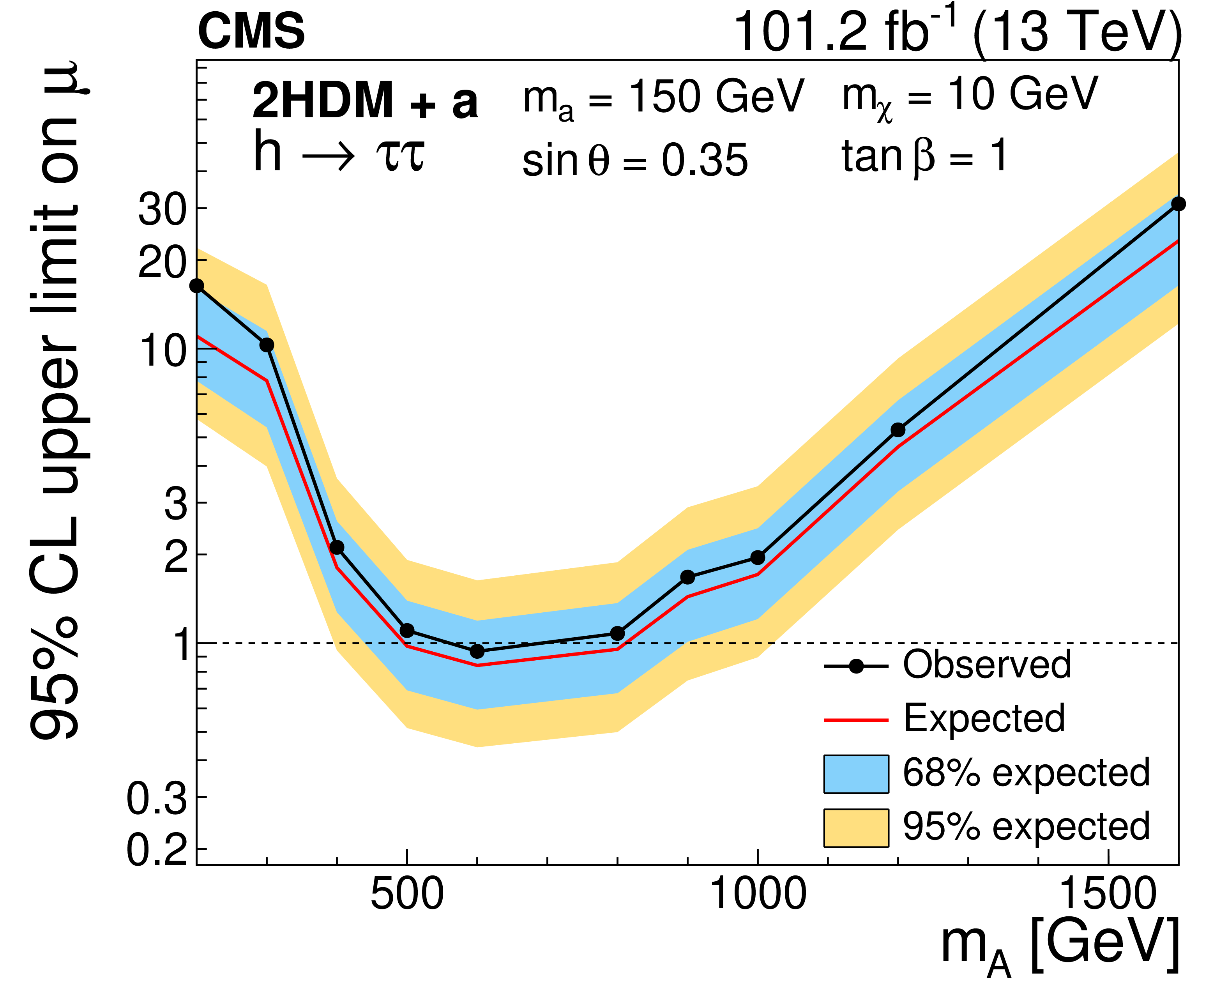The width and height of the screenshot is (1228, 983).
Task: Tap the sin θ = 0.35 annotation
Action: tap(635, 160)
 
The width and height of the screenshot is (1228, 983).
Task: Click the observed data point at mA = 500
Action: tap(407, 631)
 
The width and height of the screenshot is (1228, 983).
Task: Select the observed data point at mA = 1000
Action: tap(758, 557)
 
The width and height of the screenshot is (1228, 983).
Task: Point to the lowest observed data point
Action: tap(477, 651)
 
